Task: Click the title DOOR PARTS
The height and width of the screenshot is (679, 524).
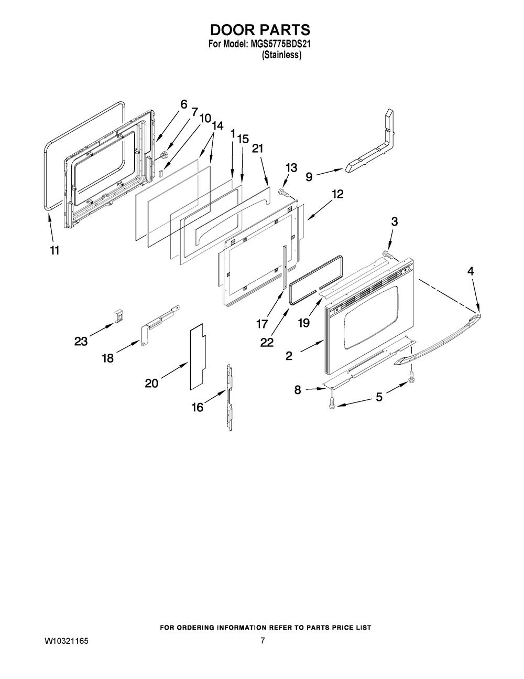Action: click(x=260, y=30)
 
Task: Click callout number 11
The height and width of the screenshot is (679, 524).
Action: click(x=54, y=250)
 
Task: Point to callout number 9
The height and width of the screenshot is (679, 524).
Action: click(x=309, y=177)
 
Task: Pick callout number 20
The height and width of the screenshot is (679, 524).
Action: click(x=151, y=384)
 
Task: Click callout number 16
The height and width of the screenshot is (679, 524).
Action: click(x=197, y=407)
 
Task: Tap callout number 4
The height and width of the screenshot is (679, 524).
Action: click(x=471, y=271)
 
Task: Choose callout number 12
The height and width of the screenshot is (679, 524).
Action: click(x=337, y=194)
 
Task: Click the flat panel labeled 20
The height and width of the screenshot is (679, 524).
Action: click(x=197, y=357)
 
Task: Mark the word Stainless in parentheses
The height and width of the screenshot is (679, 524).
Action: click(x=282, y=56)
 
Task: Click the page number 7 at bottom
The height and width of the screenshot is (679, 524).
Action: click(x=263, y=641)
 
